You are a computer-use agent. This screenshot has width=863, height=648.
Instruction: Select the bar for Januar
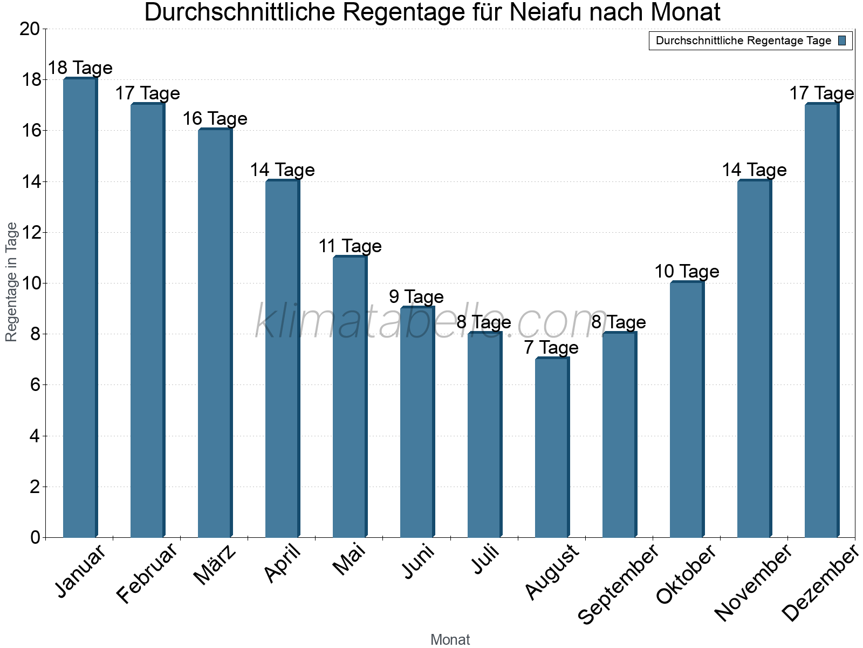(80, 308)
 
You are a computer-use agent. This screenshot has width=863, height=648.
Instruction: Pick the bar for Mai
(350, 397)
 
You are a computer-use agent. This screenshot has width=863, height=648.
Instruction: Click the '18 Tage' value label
(80, 68)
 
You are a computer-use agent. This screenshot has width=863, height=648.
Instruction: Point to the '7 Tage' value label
(551, 348)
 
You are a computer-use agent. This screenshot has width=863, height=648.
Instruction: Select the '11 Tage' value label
(350, 246)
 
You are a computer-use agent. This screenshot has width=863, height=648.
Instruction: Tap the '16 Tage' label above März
(215, 119)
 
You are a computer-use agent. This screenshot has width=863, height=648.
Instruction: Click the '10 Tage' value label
(687, 272)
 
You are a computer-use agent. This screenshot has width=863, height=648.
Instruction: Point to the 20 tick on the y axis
(30, 29)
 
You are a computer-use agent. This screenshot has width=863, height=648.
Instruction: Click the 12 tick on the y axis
(30, 233)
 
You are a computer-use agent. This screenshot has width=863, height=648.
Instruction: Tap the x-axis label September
(618, 585)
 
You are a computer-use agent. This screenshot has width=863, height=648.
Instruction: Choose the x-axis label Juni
(419, 562)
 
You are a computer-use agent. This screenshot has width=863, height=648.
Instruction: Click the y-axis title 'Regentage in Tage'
(11, 282)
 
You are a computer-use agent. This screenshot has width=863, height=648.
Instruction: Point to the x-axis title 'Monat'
(450, 640)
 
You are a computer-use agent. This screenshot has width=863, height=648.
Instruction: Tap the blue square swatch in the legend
(842, 40)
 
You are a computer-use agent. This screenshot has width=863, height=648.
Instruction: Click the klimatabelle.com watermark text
(432, 322)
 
